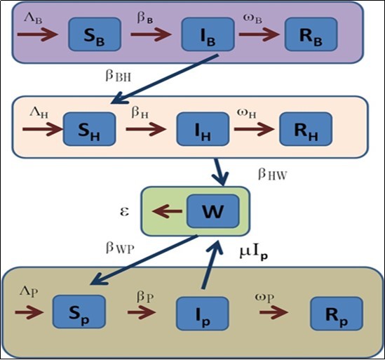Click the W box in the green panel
click(x=212, y=210)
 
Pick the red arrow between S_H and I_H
click(x=145, y=130)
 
